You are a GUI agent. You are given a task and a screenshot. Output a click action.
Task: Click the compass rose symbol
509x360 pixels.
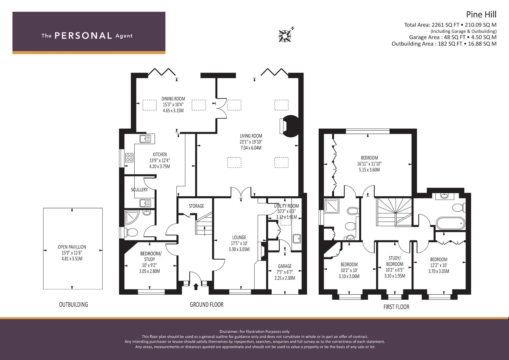(x=285, y=36)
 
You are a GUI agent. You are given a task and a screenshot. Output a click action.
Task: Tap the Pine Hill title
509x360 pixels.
(x=481, y=14)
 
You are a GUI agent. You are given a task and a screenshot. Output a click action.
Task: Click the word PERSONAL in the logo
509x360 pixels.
(x=83, y=36)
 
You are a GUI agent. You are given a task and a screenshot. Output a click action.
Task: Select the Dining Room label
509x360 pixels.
(x=173, y=99)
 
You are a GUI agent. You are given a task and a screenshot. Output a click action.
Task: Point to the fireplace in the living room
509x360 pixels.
(x=289, y=126)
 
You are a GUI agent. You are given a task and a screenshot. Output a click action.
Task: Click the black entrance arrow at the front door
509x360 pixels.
(x=196, y=286)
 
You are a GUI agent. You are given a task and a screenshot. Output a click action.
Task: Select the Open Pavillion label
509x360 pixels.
(x=72, y=247)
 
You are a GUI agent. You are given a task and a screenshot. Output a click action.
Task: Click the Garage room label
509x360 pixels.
(x=285, y=266)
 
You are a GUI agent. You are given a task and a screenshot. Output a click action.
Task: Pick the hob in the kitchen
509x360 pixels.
(x=129, y=158)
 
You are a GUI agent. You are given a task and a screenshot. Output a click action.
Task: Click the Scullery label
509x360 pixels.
(x=139, y=190)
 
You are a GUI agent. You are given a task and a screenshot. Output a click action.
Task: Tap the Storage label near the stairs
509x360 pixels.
(x=196, y=206)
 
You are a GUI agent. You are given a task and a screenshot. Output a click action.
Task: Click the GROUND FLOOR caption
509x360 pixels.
(x=207, y=304)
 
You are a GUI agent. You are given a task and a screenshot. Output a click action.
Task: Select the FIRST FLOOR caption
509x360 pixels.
(x=396, y=307)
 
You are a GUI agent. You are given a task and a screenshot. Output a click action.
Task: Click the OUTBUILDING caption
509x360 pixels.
(x=73, y=304)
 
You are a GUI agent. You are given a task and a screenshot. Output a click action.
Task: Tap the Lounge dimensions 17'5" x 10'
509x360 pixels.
(x=239, y=243)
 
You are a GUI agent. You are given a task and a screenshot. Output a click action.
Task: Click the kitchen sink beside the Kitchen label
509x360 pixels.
(x=145, y=139)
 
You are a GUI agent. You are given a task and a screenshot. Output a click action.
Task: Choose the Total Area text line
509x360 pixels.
(x=450, y=25)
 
